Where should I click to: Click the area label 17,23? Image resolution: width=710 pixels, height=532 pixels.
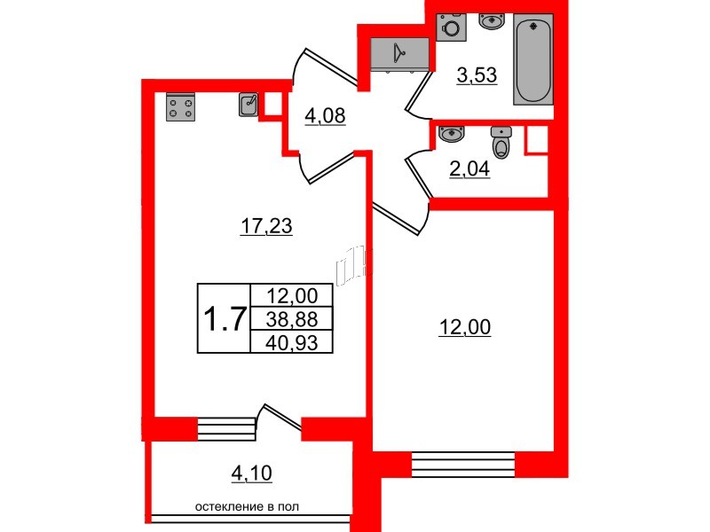(266, 227)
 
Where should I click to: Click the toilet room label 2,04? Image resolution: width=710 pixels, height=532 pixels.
(469, 168)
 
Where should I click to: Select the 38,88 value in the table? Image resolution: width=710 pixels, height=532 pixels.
(292, 319)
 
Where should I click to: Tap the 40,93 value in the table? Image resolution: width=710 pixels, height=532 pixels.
(292, 340)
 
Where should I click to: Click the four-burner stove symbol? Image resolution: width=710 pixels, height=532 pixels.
(180, 107)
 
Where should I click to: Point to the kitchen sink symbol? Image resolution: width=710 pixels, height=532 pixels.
(249, 106)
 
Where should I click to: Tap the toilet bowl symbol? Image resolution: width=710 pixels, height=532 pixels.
(503, 142)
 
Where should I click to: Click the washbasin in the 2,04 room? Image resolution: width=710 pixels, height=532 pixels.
(452, 134)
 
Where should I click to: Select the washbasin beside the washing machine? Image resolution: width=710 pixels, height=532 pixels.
(491, 21)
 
